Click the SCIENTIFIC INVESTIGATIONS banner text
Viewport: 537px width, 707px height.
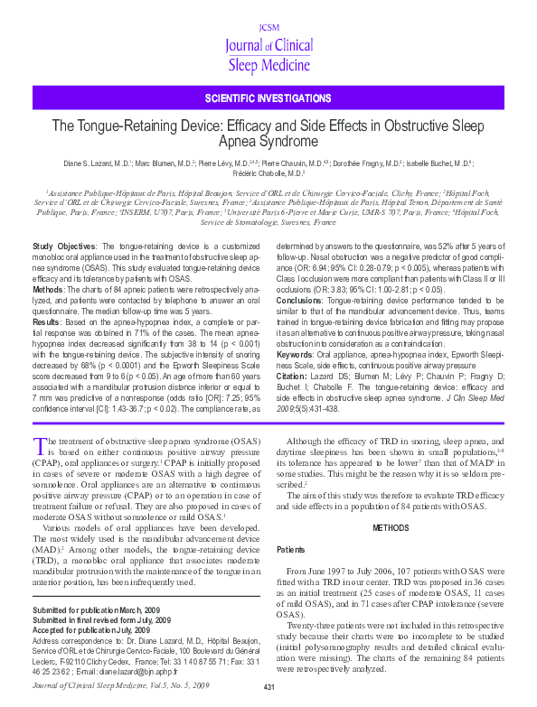pyautogui.click(x=268, y=98)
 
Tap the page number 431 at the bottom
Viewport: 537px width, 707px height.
pyautogui.click(x=268, y=688)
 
